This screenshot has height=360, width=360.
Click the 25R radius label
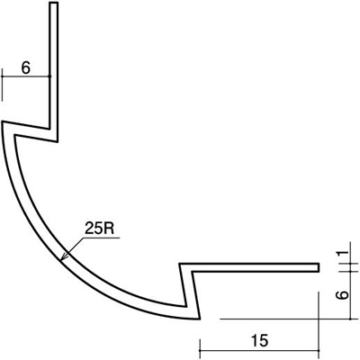tap(99, 229)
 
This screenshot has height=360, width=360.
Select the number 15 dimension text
tap(259, 340)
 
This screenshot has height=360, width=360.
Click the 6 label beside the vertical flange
tap(26, 68)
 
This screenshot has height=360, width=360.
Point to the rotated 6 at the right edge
tap(342, 295)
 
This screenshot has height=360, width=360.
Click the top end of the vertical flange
tap(54, 3)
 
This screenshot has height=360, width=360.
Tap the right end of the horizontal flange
tap(319, 267)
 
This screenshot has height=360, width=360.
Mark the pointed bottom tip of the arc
tap(199, 319)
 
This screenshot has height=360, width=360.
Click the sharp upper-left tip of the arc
tap(3, 122)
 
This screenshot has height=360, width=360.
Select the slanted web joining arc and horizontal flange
tap(190, 291)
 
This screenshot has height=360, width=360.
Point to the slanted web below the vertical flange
tap(30, 131)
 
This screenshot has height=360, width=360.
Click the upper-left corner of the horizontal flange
tap(180, 264)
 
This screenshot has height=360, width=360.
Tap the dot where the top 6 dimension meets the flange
tap(49, 76)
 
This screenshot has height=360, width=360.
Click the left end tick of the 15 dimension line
tap(200, 349)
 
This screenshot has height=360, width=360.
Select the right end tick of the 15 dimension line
tap(319, 349)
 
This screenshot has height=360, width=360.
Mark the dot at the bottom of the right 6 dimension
tap(350, 319)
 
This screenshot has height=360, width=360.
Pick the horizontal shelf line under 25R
tap(101, 238)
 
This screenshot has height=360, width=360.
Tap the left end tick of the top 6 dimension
tap(2, 85)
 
